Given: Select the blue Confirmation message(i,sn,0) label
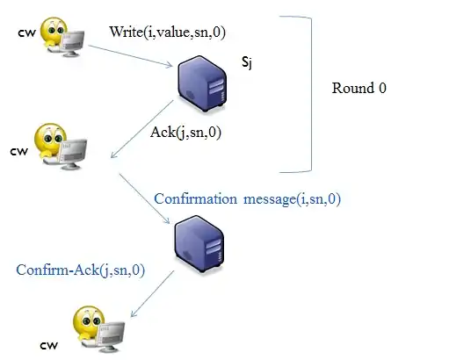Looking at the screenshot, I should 247,199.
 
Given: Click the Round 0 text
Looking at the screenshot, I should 359,89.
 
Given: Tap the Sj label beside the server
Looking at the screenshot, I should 247,63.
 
